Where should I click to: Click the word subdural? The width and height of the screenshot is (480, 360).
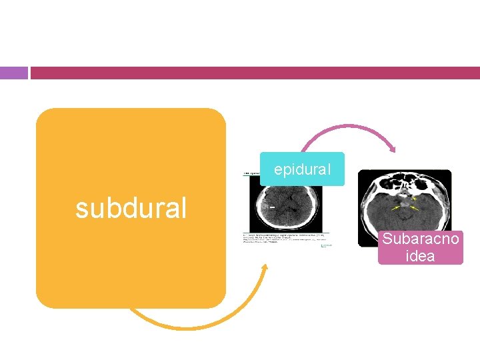(131, 208)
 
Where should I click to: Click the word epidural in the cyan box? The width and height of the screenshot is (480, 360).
(302, 170)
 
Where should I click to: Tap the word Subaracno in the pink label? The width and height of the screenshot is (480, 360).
(420, 241)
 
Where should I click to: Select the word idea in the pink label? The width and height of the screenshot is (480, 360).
(420, 256)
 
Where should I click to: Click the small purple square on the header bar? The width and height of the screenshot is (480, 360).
(14, 73)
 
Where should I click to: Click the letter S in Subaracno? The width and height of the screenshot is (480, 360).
(387, 241)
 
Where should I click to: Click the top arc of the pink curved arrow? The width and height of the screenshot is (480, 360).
(347, 125)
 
